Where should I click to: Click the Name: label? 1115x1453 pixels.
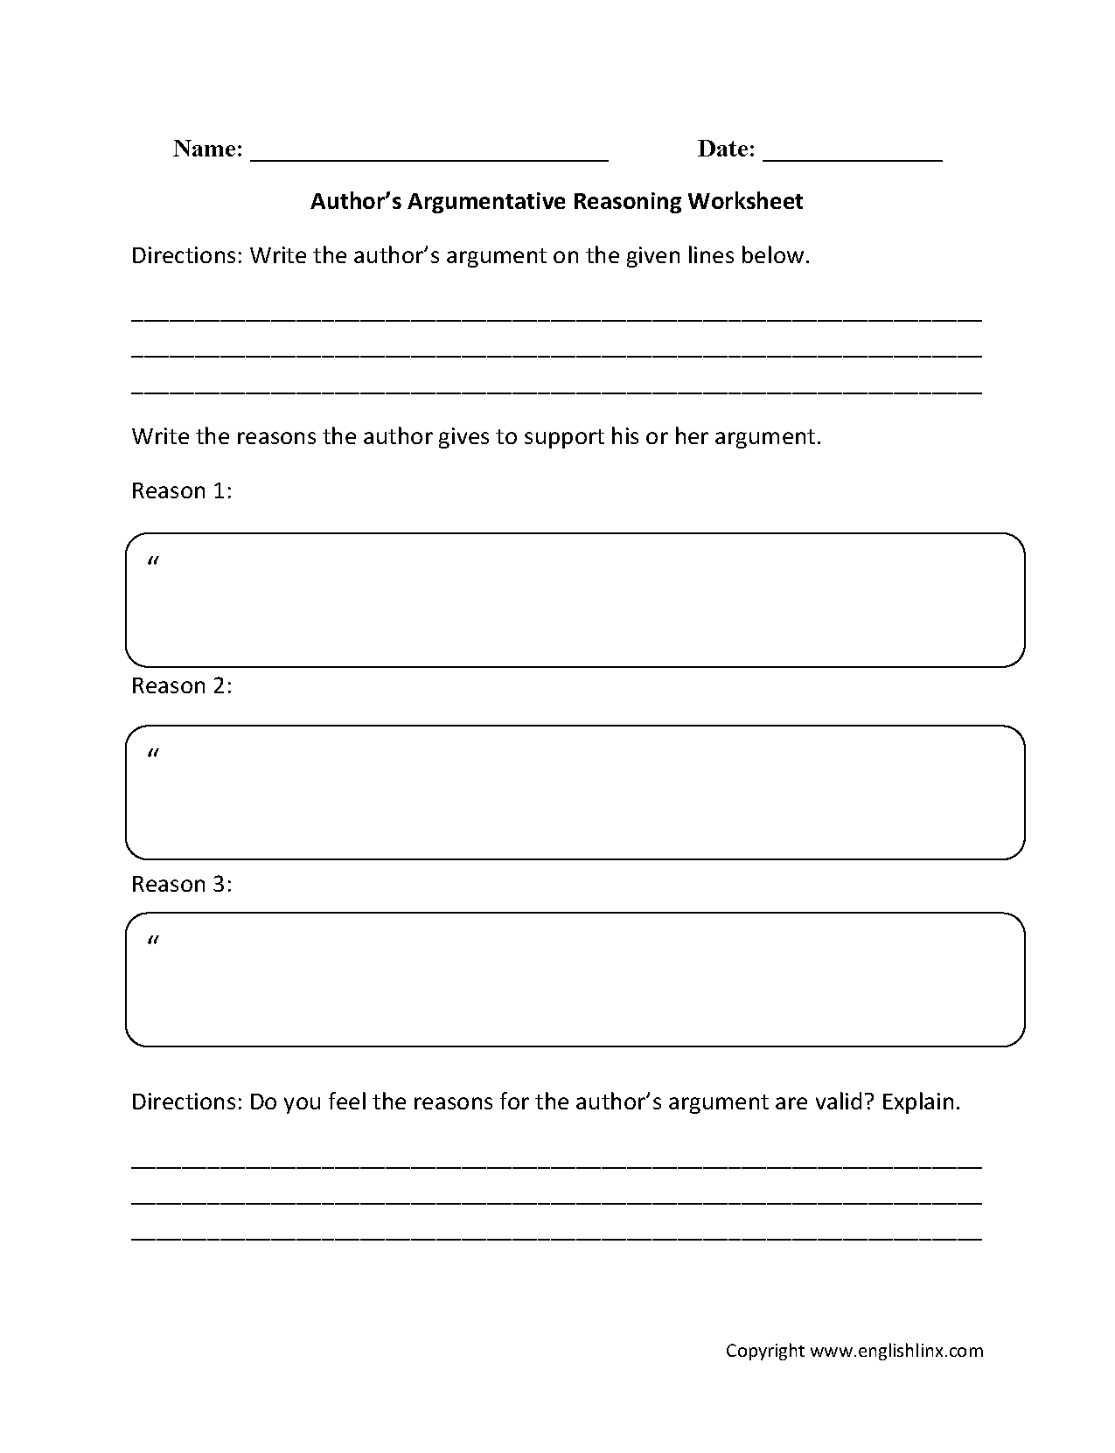(x=207, y=149)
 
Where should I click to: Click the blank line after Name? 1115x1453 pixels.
(x=429, y=157)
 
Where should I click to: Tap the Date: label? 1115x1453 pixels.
(x=725, y=149)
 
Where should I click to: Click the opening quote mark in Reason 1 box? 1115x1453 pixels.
(x=154, y=562)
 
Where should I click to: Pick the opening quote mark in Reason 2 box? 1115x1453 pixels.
(x=154, y=754)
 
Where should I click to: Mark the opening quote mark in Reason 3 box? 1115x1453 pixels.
(x=154, y=942)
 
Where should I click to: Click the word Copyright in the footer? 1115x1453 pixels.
(x=764, y=1351)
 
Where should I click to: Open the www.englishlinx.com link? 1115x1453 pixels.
(x=896, y=1351)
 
